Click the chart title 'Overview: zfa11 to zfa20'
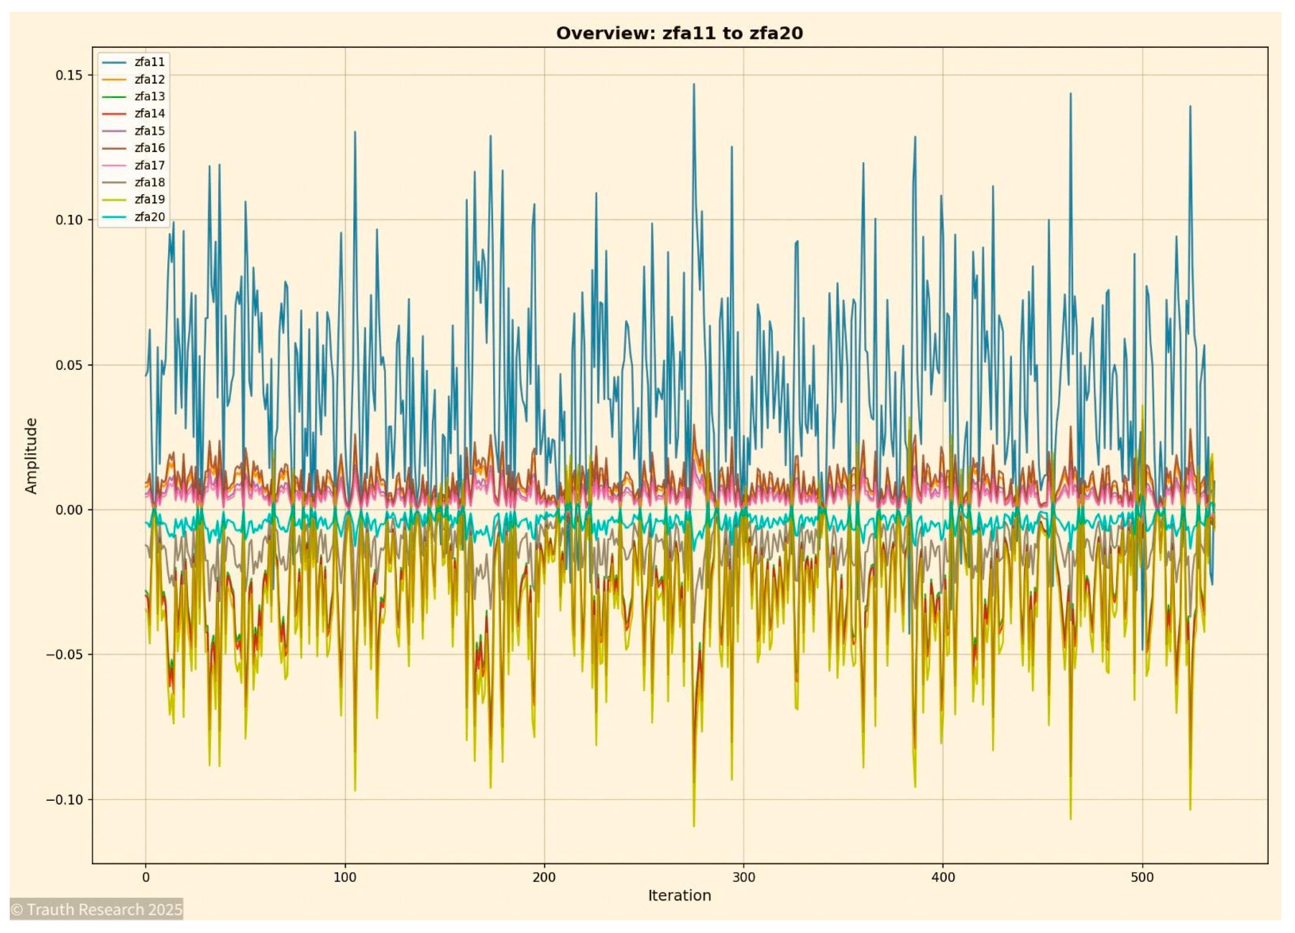click(679, 33)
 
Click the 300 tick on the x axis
click(743, 877)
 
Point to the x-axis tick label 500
click(1142, 877)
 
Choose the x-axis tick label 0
click(146, 877)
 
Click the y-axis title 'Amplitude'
click(31, 455)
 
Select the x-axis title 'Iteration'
click(679, 895)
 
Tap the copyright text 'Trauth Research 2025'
click(97, 909)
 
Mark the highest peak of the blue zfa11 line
click(694, 84)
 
